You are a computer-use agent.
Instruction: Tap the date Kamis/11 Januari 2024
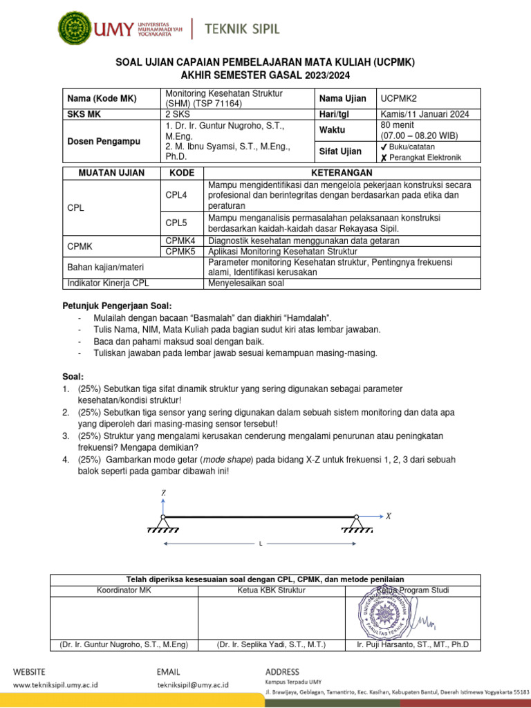point(425,115)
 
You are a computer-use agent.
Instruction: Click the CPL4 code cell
point(176,196)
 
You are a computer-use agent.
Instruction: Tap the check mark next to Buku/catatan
point(384,147)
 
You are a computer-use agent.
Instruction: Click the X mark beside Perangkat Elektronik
point(384,158)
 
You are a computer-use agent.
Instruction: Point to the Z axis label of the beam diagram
point(163,492)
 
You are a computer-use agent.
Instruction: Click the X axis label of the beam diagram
point(389,516)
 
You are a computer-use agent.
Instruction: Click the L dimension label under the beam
point(261,545)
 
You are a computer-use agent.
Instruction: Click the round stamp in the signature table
point(381,613)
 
